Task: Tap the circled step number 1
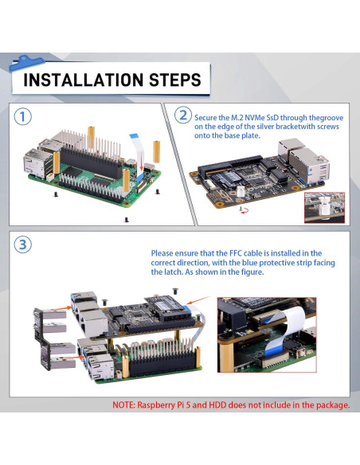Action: [x=22, y=117]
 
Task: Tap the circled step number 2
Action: [x=183, y=115]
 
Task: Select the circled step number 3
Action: [x=22, y=245]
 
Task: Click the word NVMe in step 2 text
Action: [x=255, y=118]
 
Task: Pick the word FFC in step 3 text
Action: [x=236, y=253]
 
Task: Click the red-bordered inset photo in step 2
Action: [x=324, y=208]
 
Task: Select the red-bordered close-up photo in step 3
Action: [x=267, y=334]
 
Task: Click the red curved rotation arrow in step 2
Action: [x=245, y=211]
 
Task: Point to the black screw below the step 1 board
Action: [x=127, y=220]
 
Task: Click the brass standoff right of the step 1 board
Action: [x=157, y=152]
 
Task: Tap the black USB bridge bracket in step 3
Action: [x=41, y=339]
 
